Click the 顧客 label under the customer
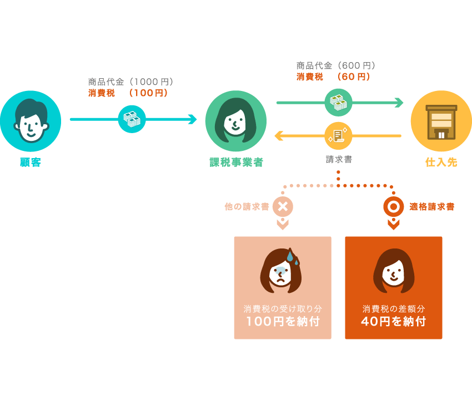(x=31, y=163)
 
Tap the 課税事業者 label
(x=237, y=163)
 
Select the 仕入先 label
(x=441, y=163)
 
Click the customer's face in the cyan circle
(x=31, y=121)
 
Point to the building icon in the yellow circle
(x=441, y=122)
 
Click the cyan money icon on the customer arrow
(x=132, y=119)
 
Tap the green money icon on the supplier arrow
(x=338, y=103)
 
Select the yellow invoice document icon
(x=338, y=136)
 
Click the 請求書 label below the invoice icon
(x=339, y=159)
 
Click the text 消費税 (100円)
(x=128, y=93)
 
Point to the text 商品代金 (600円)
(x=335, y=65)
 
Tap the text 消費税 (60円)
(x=333, y=77)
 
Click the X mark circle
(x=283, y=206)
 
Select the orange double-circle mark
(x=394, y=206)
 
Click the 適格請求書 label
(x=431, y=206)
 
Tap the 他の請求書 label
(x=247, y=206)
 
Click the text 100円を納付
(x=283, y=321)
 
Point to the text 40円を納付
(x=394, y=321)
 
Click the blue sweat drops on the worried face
(x=292, y=257)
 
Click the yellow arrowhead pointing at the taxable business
(x=278, y=136)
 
